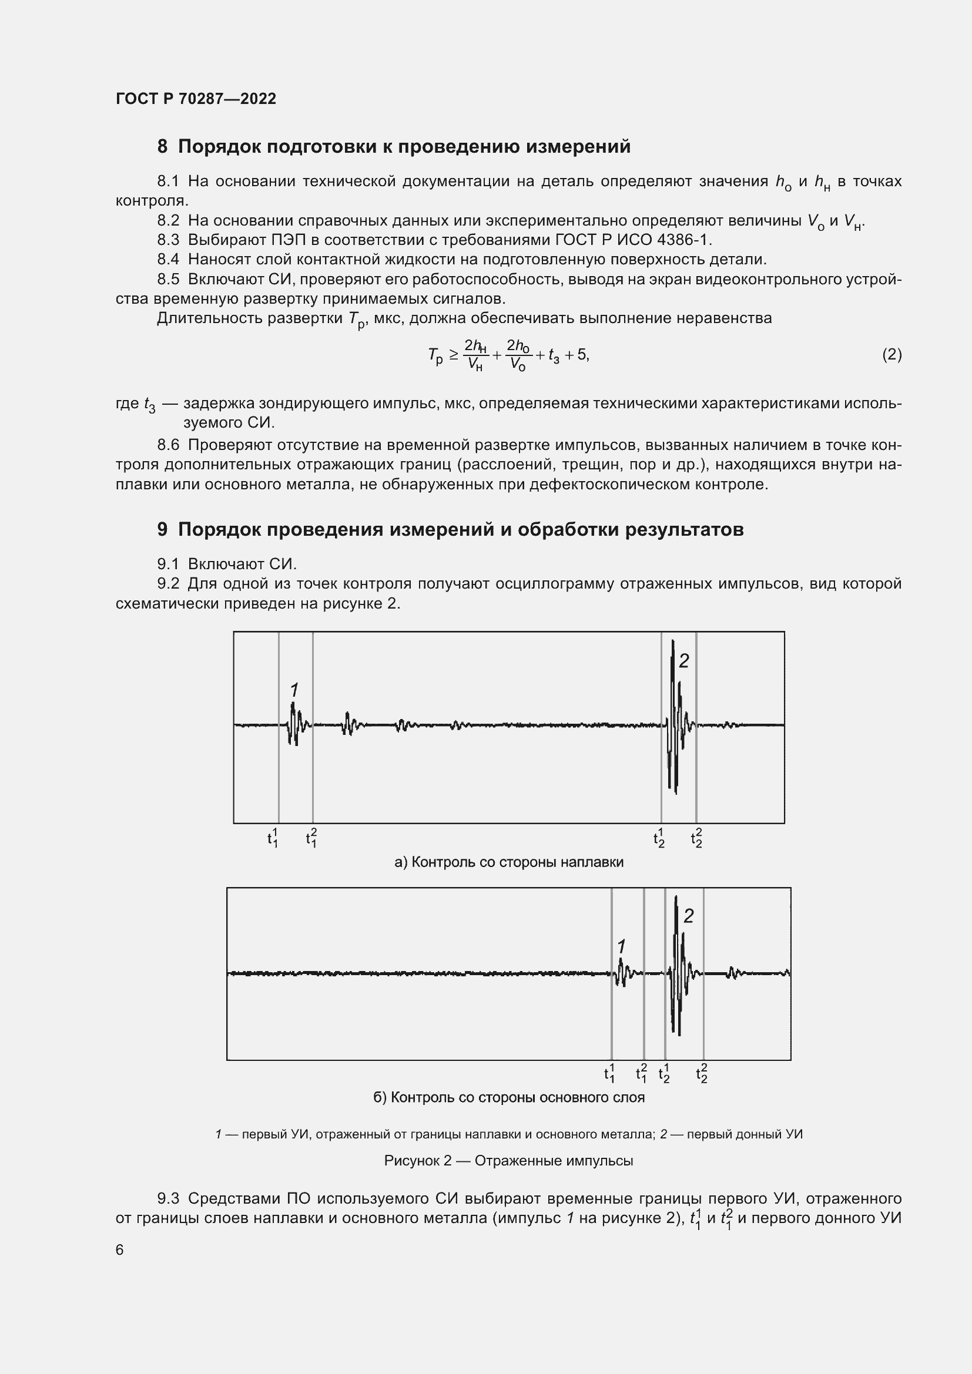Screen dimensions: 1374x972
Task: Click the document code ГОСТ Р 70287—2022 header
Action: pos(196,99)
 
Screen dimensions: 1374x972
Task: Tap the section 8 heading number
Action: pos(162,147)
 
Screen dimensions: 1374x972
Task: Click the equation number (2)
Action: pos(891,355)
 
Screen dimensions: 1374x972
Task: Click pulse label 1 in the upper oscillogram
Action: pos(294,690)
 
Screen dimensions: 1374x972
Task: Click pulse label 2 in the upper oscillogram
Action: pos(684,661)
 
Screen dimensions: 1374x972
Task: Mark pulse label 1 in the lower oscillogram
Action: pos(621,947)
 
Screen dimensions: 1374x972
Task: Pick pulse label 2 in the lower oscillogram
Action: pos(688,916)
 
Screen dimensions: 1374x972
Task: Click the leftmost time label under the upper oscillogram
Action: pos(272,838)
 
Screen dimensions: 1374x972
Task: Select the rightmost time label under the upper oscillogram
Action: pos(696,838)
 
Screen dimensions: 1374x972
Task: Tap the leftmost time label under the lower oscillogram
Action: pos(609,1074)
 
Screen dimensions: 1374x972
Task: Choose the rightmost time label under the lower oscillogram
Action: pos(702,1074)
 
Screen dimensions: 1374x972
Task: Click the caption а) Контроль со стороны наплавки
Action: pos(509,862)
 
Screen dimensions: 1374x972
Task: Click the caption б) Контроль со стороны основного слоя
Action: pos(509,1097)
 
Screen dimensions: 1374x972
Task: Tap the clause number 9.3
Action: pos(168,1199)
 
